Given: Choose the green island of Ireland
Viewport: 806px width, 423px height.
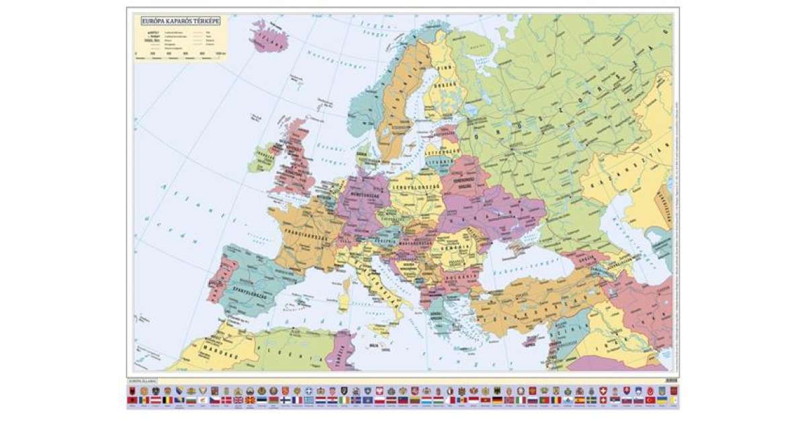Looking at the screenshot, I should (x=263, y=158).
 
